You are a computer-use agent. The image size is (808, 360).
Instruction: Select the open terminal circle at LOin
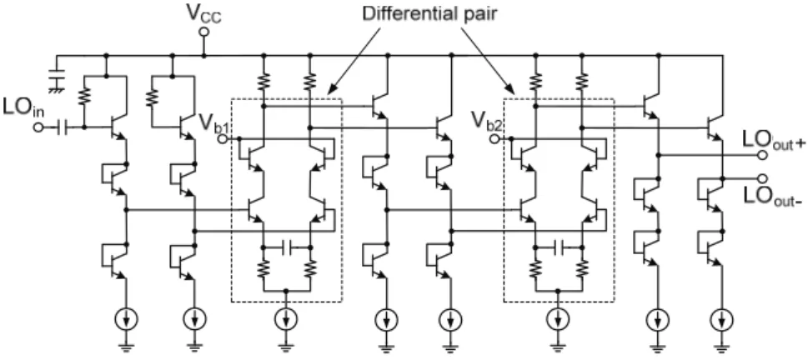coord(38,127)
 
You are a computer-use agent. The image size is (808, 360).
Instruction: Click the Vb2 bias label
coord(483,122)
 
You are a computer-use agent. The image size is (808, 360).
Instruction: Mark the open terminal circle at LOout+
coord(763,154)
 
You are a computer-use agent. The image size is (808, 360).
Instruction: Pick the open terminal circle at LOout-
coord(763,178)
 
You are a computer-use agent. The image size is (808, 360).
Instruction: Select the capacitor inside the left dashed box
coord(288,247)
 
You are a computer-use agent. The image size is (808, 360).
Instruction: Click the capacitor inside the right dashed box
coord(560,247)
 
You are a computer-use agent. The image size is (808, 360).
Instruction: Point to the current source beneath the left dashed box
coord(287,320)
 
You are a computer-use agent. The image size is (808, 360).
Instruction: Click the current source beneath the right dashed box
coord(559,320)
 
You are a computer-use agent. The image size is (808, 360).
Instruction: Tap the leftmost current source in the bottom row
coord(127,320)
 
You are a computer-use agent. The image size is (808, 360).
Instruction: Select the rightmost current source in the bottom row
coord(722,320)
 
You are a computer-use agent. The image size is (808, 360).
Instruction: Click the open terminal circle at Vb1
coord(223,138)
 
